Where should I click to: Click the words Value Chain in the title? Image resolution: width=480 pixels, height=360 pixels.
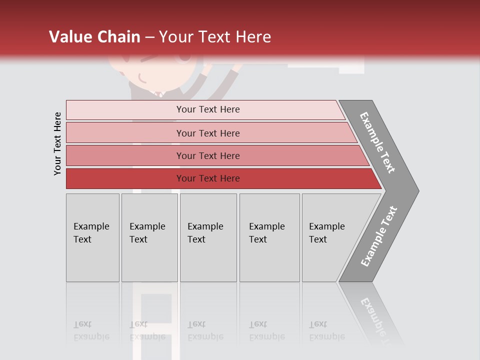tap(94, 37)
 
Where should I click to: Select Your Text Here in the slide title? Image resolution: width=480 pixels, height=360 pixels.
tap(215, 37)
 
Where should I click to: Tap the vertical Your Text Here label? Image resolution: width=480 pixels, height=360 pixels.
tap(57, 143)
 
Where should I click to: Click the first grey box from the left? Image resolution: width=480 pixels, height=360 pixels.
tap(92, 237)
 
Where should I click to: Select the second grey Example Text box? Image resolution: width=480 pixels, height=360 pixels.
tap(149, 237)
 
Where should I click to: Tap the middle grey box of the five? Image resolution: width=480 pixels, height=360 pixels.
tap(208, 237)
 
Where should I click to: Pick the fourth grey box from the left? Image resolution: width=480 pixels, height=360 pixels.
tap(269, 237)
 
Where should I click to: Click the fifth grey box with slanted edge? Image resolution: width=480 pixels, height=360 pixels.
tap(330, 237)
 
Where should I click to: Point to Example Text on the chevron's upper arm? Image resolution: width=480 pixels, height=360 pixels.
tap(377, 142)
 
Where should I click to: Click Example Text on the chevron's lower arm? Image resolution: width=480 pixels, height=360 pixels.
tap(379, 236)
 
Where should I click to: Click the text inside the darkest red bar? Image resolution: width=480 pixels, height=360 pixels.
tap(208, 178)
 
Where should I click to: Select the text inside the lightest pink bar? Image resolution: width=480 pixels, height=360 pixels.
tap(208, 109)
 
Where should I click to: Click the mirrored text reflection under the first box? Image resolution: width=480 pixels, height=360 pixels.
tap(91, 330)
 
